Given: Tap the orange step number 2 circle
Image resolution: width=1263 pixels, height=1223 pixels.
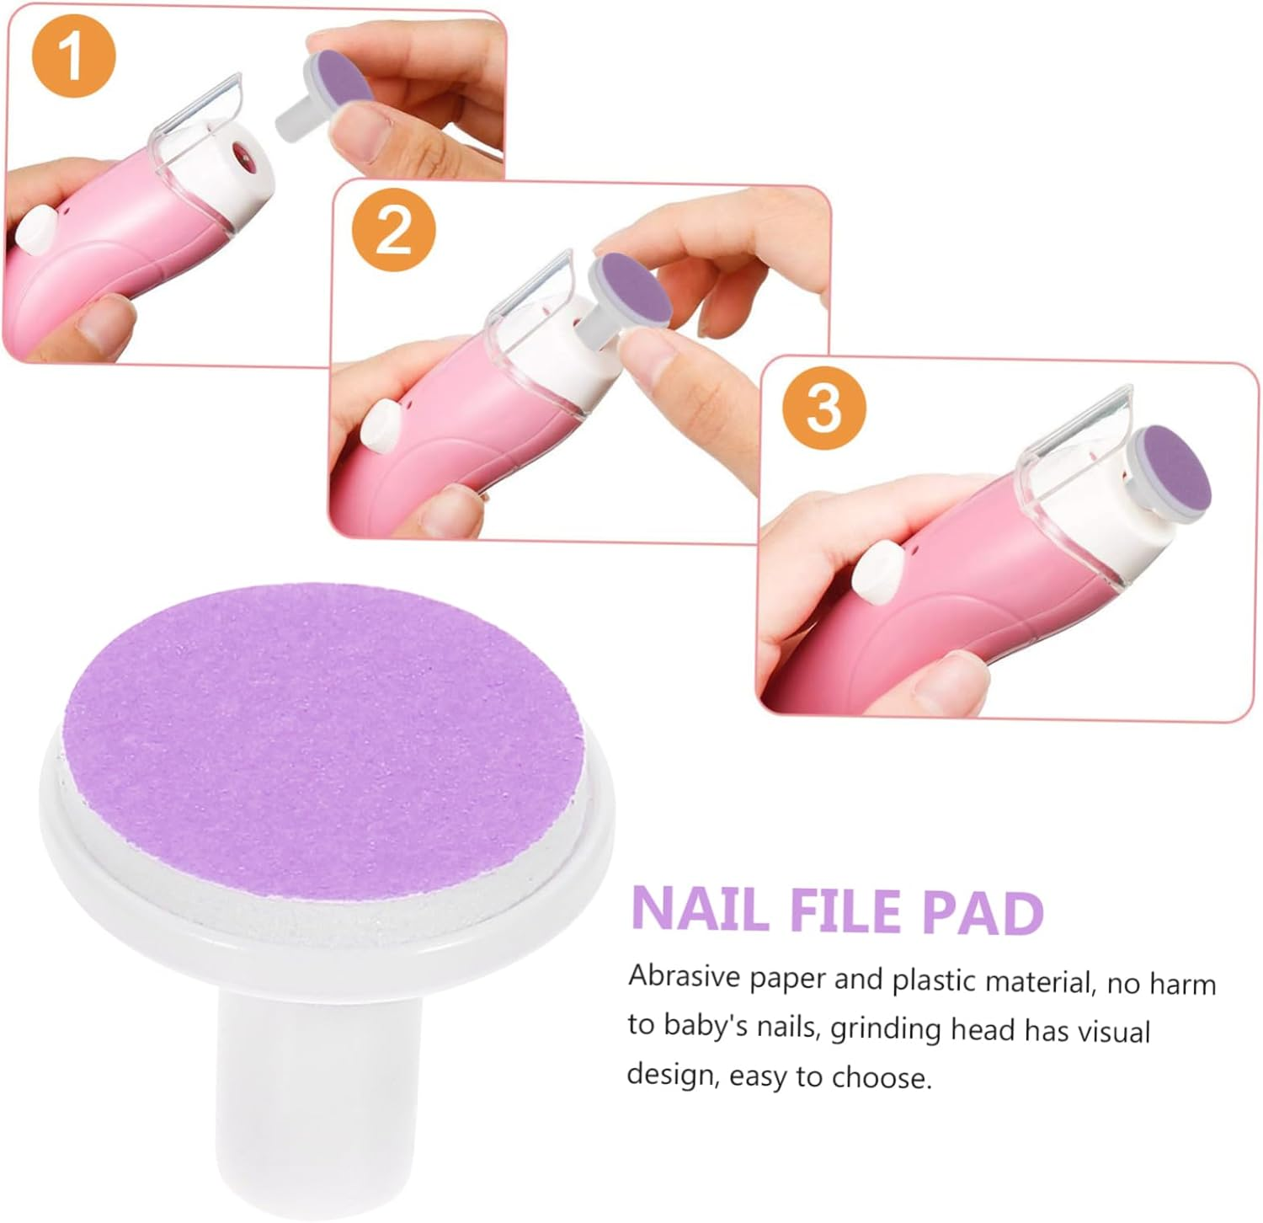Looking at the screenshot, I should click(x=393, y=230).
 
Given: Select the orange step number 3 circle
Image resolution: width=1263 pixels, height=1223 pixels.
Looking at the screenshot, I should click(x=823, y=408).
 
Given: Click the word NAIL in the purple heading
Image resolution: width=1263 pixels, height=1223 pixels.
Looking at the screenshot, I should click(x=700, y=911).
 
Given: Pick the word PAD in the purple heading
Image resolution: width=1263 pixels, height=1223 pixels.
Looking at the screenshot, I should click(x=983, y=913).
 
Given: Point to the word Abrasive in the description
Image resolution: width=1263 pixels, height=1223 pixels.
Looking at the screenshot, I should click(x=685, y=977).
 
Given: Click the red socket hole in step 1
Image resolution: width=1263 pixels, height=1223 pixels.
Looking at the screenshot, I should click(x=245, y=153).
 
